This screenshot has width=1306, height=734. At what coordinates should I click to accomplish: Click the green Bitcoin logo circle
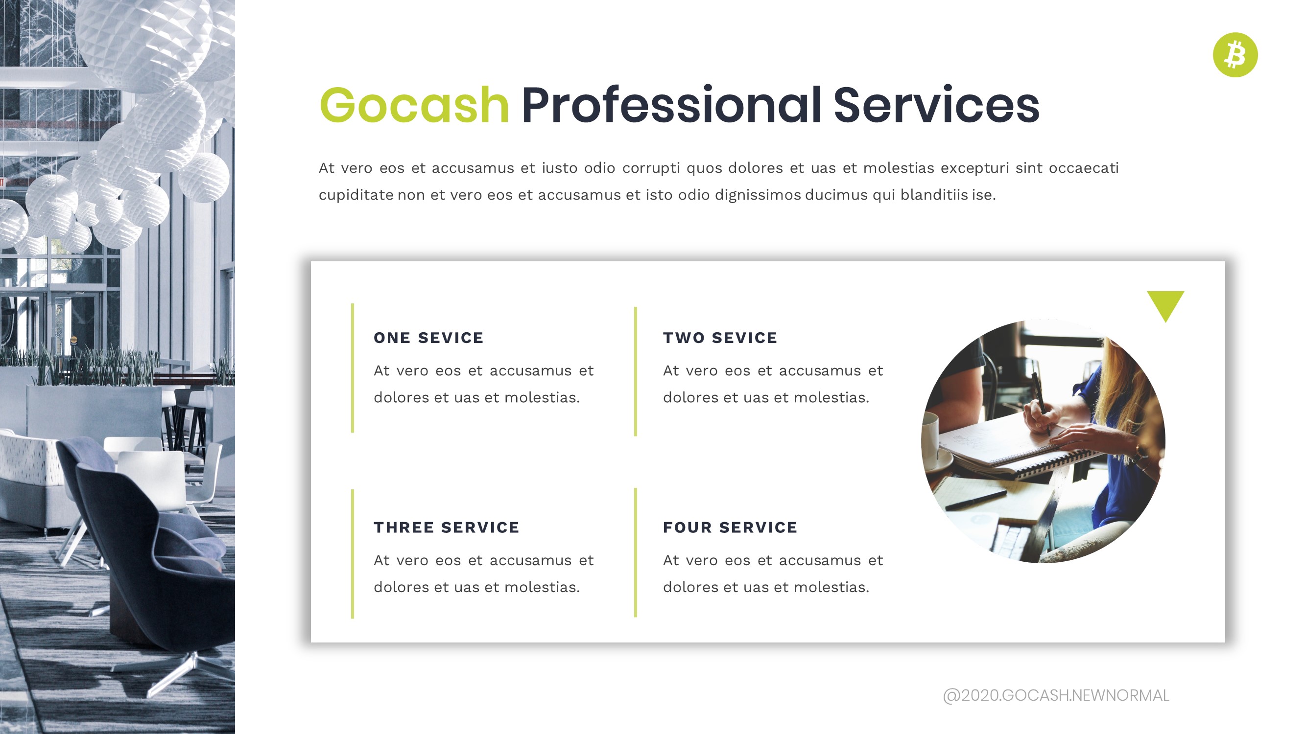(x=1235, y=55)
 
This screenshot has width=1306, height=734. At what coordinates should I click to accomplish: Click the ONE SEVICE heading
(x=428, y=338)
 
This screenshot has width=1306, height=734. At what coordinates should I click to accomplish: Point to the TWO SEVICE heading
(x=720, y=338)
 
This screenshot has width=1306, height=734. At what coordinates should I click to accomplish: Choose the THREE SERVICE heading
(x=446, y=528)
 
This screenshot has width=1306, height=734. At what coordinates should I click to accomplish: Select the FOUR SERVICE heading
(x=730, y=528)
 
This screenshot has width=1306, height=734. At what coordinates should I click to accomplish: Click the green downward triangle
(x=1165, y=303)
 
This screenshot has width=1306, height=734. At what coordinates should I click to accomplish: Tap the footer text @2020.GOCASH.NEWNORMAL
(x=1056, y=695)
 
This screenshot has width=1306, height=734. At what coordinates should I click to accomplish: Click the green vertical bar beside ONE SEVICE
(x=353, y=368)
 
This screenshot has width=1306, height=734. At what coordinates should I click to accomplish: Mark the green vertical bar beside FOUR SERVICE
(x=635, y=552)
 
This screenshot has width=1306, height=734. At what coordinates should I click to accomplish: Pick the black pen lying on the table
(x=976, y=500)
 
